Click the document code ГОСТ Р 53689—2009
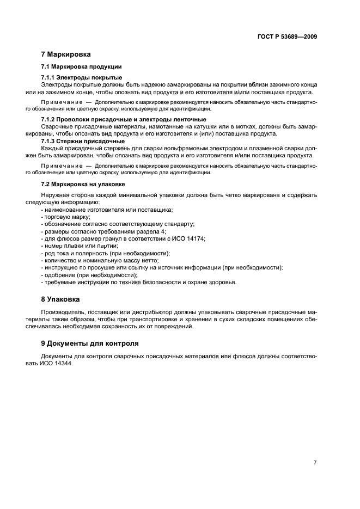(x=288, y=37)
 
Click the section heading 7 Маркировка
(x=66, y=54)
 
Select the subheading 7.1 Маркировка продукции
(x=77, y=67)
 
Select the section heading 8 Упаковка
(x=60, y=299)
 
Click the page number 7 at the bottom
(x=315, y=447)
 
